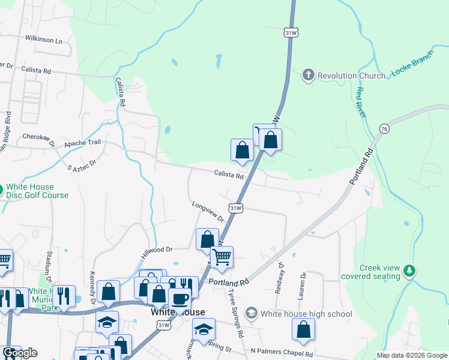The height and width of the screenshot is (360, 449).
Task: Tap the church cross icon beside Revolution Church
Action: click(309, 75)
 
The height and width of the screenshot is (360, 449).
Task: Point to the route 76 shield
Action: click(384, 128)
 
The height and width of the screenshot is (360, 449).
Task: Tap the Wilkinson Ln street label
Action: click(43, 40)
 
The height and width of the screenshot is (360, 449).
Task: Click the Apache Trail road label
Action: click(83, 143)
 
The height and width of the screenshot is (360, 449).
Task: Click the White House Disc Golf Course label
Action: click(37, 191)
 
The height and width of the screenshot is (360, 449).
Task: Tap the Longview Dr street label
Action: click(208, 212)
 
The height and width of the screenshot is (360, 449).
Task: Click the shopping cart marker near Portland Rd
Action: click(221, 257)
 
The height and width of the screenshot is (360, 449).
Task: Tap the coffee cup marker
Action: click(179, 298)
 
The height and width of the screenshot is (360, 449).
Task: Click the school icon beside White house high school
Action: click(252, 313)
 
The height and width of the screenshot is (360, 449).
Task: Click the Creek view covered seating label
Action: click(379, 272)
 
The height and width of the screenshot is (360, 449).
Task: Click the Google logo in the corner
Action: click(20, 353)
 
